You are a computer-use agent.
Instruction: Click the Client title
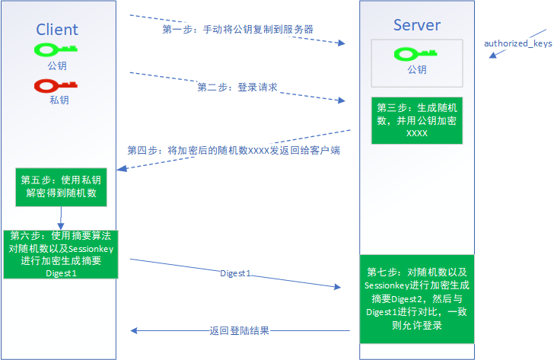point(57,30)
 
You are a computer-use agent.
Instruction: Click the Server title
point(416,25)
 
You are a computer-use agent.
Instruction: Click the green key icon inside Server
point(416,54)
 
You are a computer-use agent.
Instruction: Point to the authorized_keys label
point(518,43)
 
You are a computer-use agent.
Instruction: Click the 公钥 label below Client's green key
point(57,66)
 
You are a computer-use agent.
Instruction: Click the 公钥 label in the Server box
point(416,70)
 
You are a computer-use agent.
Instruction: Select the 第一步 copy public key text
point(238,29)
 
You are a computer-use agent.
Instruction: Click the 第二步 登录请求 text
point(237,88)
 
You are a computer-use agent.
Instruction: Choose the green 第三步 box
point(416,120)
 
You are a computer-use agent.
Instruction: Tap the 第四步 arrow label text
point(233,151)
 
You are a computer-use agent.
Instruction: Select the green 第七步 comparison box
point(416,298)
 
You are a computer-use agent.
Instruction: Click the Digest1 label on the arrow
point(235,272)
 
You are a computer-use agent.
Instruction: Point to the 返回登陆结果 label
point(240,331)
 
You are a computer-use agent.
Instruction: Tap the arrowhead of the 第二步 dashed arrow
point(342,100)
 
